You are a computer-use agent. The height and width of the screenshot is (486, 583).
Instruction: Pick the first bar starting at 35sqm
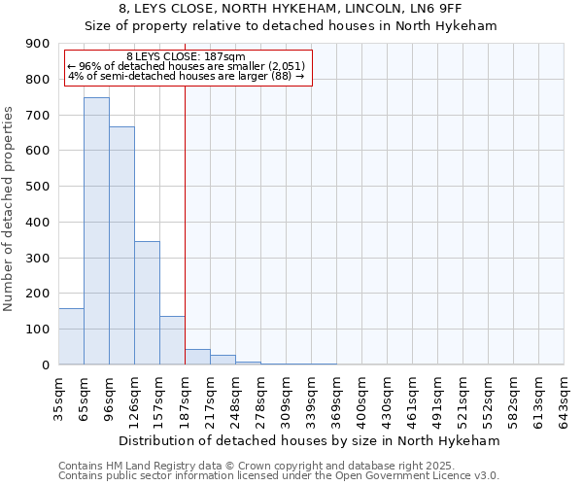[71, 336]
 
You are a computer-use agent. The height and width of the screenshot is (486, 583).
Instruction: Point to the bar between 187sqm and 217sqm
[197, 357]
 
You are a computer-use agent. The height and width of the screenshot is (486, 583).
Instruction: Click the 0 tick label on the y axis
[45, 364]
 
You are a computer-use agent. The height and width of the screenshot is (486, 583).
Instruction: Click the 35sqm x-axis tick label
[59, 397]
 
